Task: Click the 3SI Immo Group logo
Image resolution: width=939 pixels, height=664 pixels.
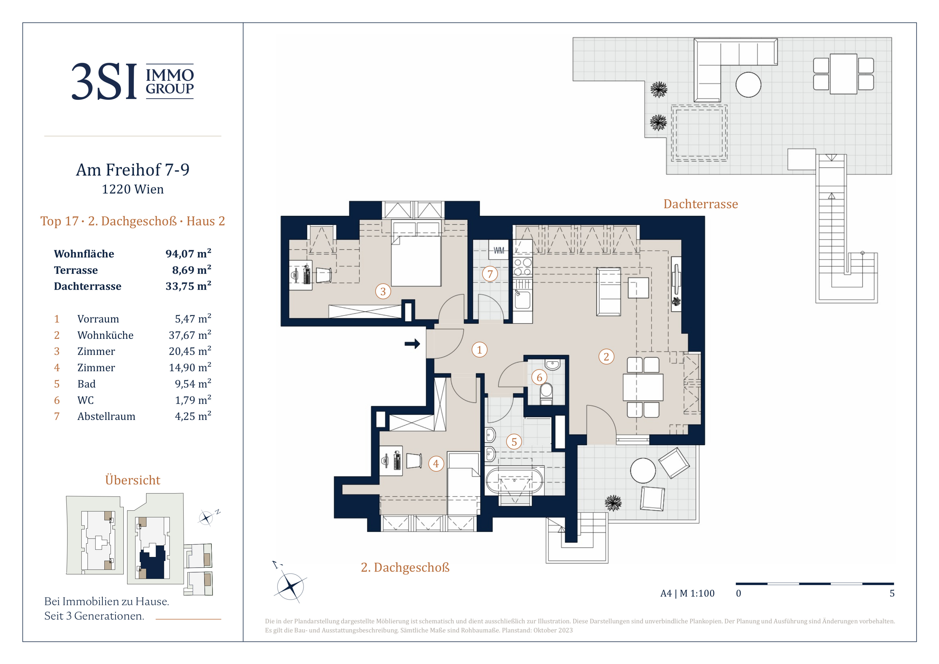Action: click(133, 81)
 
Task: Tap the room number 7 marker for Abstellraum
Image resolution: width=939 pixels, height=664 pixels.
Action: click(490, 274)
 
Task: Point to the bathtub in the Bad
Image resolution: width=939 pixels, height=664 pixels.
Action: click(514, 481)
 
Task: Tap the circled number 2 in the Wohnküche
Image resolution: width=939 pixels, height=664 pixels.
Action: click(606, 357)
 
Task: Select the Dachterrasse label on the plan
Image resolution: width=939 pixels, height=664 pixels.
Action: click(700, 204)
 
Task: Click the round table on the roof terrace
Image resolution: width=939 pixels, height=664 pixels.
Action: click(748, 85)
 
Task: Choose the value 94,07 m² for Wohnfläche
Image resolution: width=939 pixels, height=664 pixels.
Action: click(188, 254)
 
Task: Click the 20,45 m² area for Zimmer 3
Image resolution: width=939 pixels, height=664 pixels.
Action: click(190, 351)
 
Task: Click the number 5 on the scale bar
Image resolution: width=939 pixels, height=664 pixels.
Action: click(892, 593)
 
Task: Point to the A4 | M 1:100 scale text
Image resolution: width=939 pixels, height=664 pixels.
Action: click(687, 593)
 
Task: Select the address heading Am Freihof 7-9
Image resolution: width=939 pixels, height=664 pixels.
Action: click(133, 170)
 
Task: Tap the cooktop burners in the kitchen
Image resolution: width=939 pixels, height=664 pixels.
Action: click(523, 267)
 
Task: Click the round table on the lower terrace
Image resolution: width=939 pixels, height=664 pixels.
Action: click(643, 471)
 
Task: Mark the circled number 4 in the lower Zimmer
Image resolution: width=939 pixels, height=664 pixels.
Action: click(436, 464)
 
